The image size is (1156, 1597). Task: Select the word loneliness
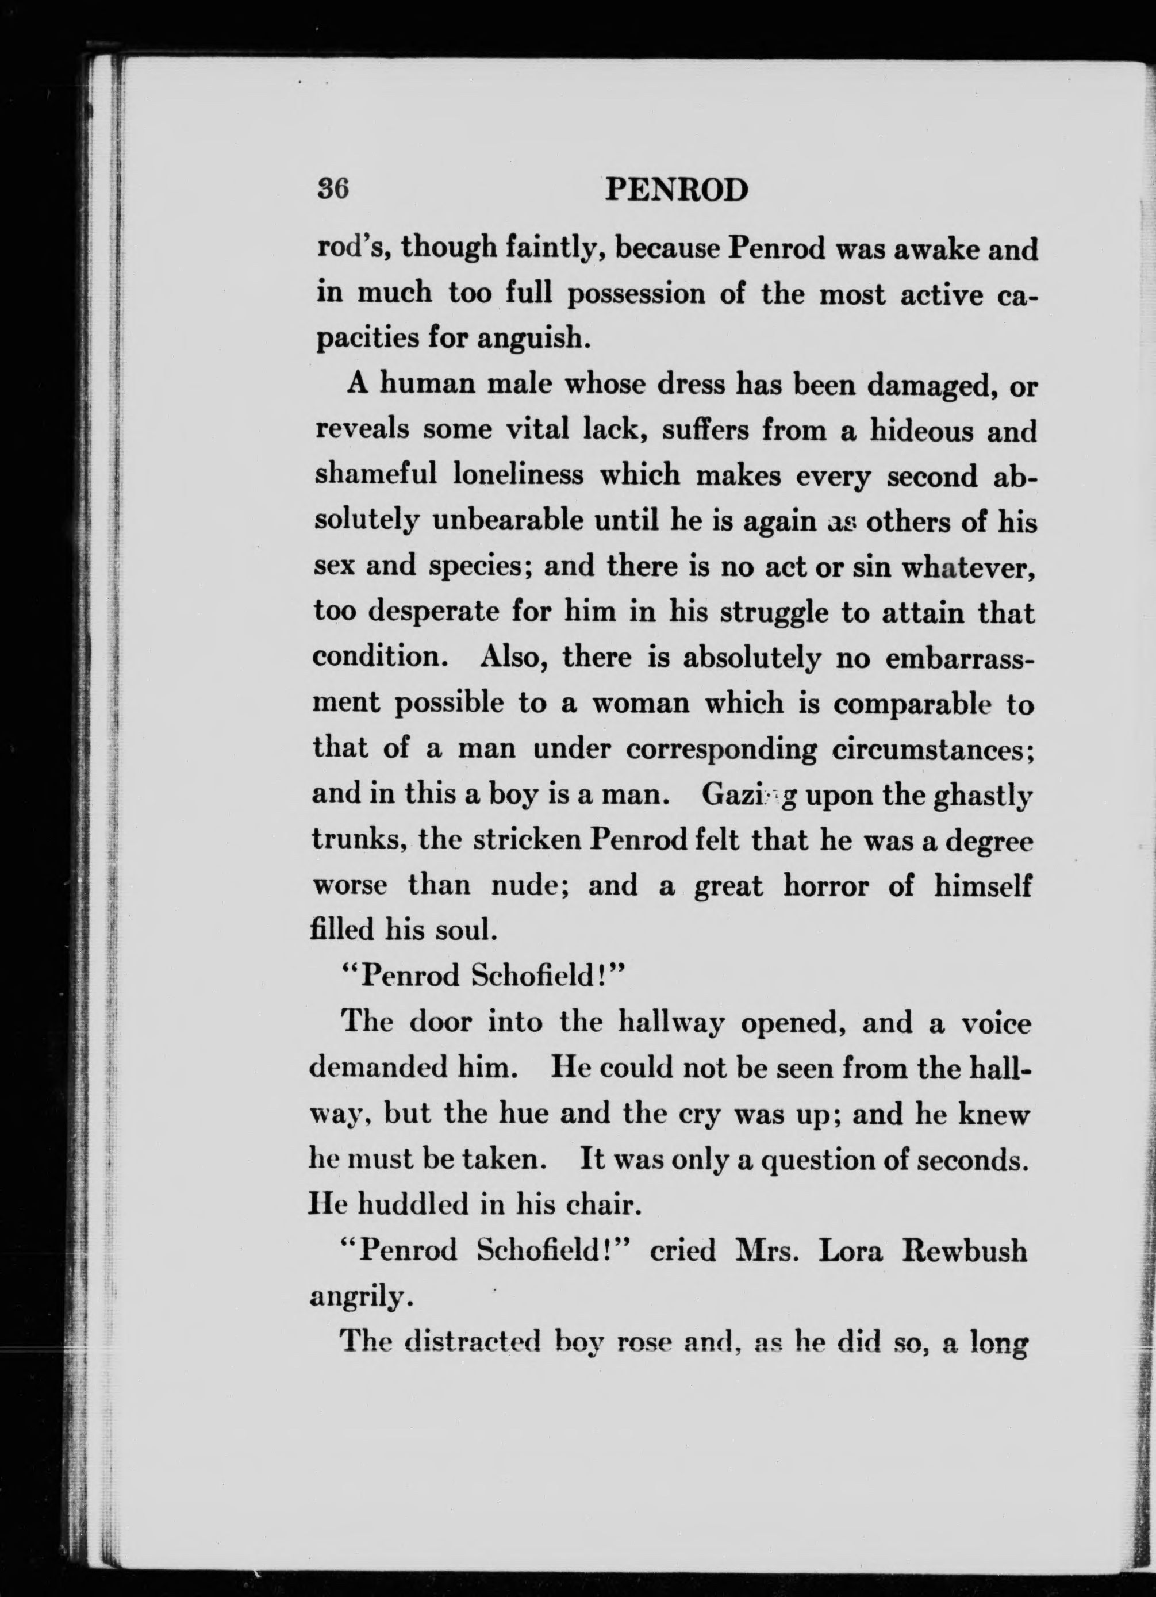[518, 475]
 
